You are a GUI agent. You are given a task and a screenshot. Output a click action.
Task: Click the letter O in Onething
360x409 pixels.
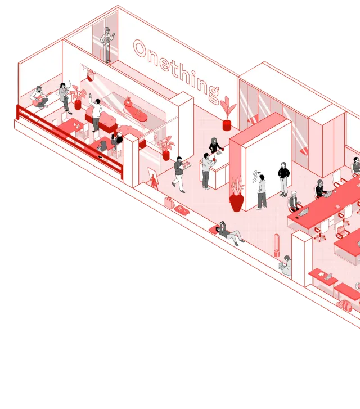(x=140, y=49)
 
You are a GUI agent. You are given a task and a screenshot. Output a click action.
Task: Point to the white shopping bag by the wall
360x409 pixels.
(x=169, y=202)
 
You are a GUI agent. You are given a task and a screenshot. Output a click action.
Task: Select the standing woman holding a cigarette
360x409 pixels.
(x=65, y=96)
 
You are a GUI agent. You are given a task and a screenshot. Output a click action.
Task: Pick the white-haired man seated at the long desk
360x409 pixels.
(x=294, y=201)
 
